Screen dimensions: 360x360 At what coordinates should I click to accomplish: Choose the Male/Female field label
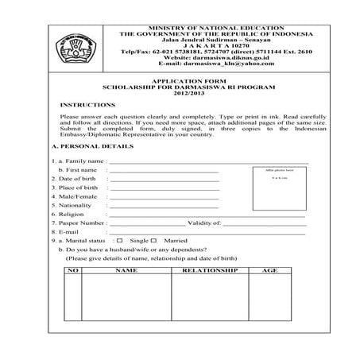pos(77,196)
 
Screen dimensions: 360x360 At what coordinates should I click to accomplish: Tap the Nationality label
pos(76,205)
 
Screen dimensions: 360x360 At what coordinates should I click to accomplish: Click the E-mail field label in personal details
pos(68,231)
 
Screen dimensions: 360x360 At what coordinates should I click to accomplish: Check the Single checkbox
pos(119,240)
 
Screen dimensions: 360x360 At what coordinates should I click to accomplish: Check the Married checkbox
pos(153,240)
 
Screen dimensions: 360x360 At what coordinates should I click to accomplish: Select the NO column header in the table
pos(73,271)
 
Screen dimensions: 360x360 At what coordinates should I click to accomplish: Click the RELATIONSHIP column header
pos(211,271)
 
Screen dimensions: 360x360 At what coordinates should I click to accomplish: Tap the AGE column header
pos(269,271)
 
